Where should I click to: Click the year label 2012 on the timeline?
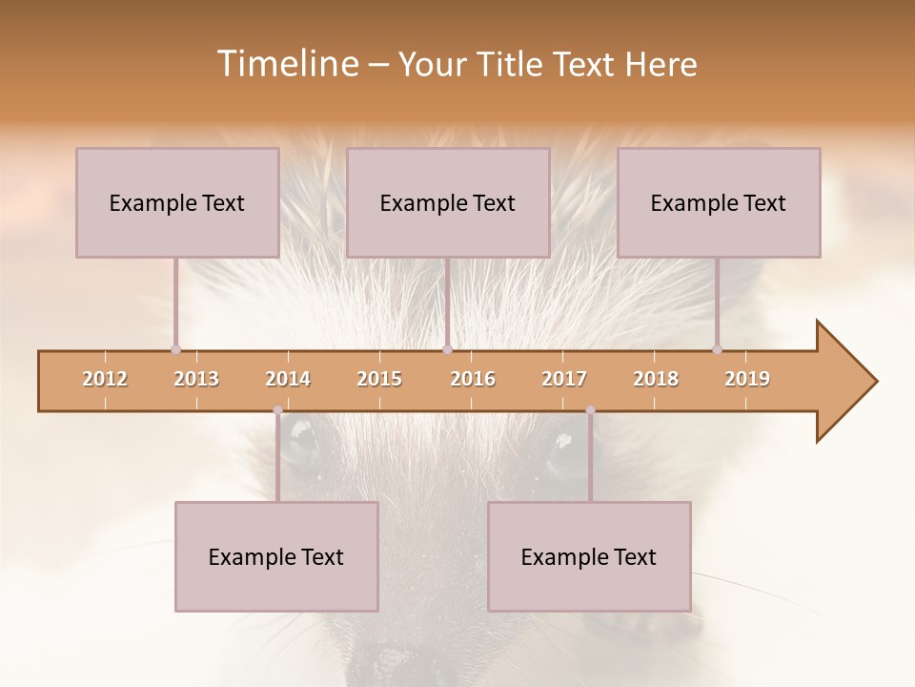105,379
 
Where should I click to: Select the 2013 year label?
196,379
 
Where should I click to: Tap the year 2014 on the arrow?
288,379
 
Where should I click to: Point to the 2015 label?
379,379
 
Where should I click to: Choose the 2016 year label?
473,379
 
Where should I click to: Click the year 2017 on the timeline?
564,379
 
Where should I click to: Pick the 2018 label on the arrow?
656,379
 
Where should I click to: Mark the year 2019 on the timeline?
747,379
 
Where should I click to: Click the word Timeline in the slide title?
285,64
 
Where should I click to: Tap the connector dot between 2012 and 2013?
175,349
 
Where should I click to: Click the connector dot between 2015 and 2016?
447,349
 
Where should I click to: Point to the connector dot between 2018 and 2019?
718,349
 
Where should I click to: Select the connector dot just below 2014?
277,410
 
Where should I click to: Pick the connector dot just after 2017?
590,410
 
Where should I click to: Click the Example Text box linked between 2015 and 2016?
448,202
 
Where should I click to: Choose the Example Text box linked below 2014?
276,556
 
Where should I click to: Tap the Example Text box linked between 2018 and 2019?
719,202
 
